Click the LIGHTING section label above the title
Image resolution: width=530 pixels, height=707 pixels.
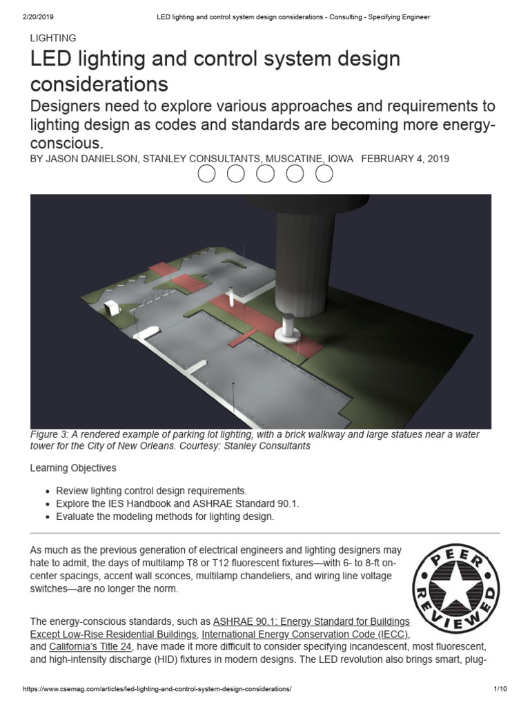[53, 38]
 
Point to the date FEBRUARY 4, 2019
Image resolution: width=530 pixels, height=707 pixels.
[405, 158]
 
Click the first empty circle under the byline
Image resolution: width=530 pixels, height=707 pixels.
[207, 175]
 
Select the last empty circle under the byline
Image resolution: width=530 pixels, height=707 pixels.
[324, 175]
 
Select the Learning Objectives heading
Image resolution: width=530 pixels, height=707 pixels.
[73, 468]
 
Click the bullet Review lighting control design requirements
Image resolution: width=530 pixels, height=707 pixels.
[151, 490]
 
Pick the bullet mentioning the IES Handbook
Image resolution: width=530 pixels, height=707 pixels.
[177, 503]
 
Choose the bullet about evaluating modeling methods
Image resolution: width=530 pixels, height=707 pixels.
[165, 516]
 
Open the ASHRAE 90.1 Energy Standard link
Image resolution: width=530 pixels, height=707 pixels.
[311, 621]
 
